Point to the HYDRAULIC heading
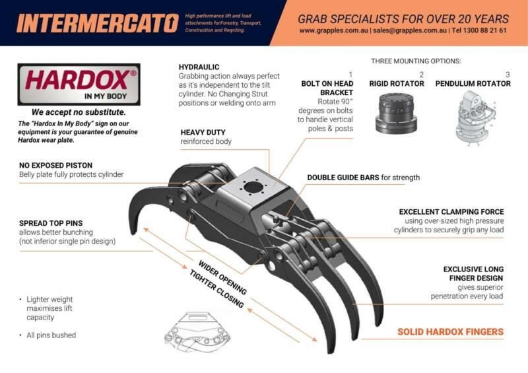(199, 67)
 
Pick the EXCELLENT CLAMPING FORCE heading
(452, 212)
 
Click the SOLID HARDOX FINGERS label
(450, 331)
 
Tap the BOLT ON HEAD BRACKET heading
(327, 88)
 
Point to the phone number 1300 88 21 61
(484, 30)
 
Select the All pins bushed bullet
(51, 335)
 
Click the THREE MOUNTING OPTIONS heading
(416, 61)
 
